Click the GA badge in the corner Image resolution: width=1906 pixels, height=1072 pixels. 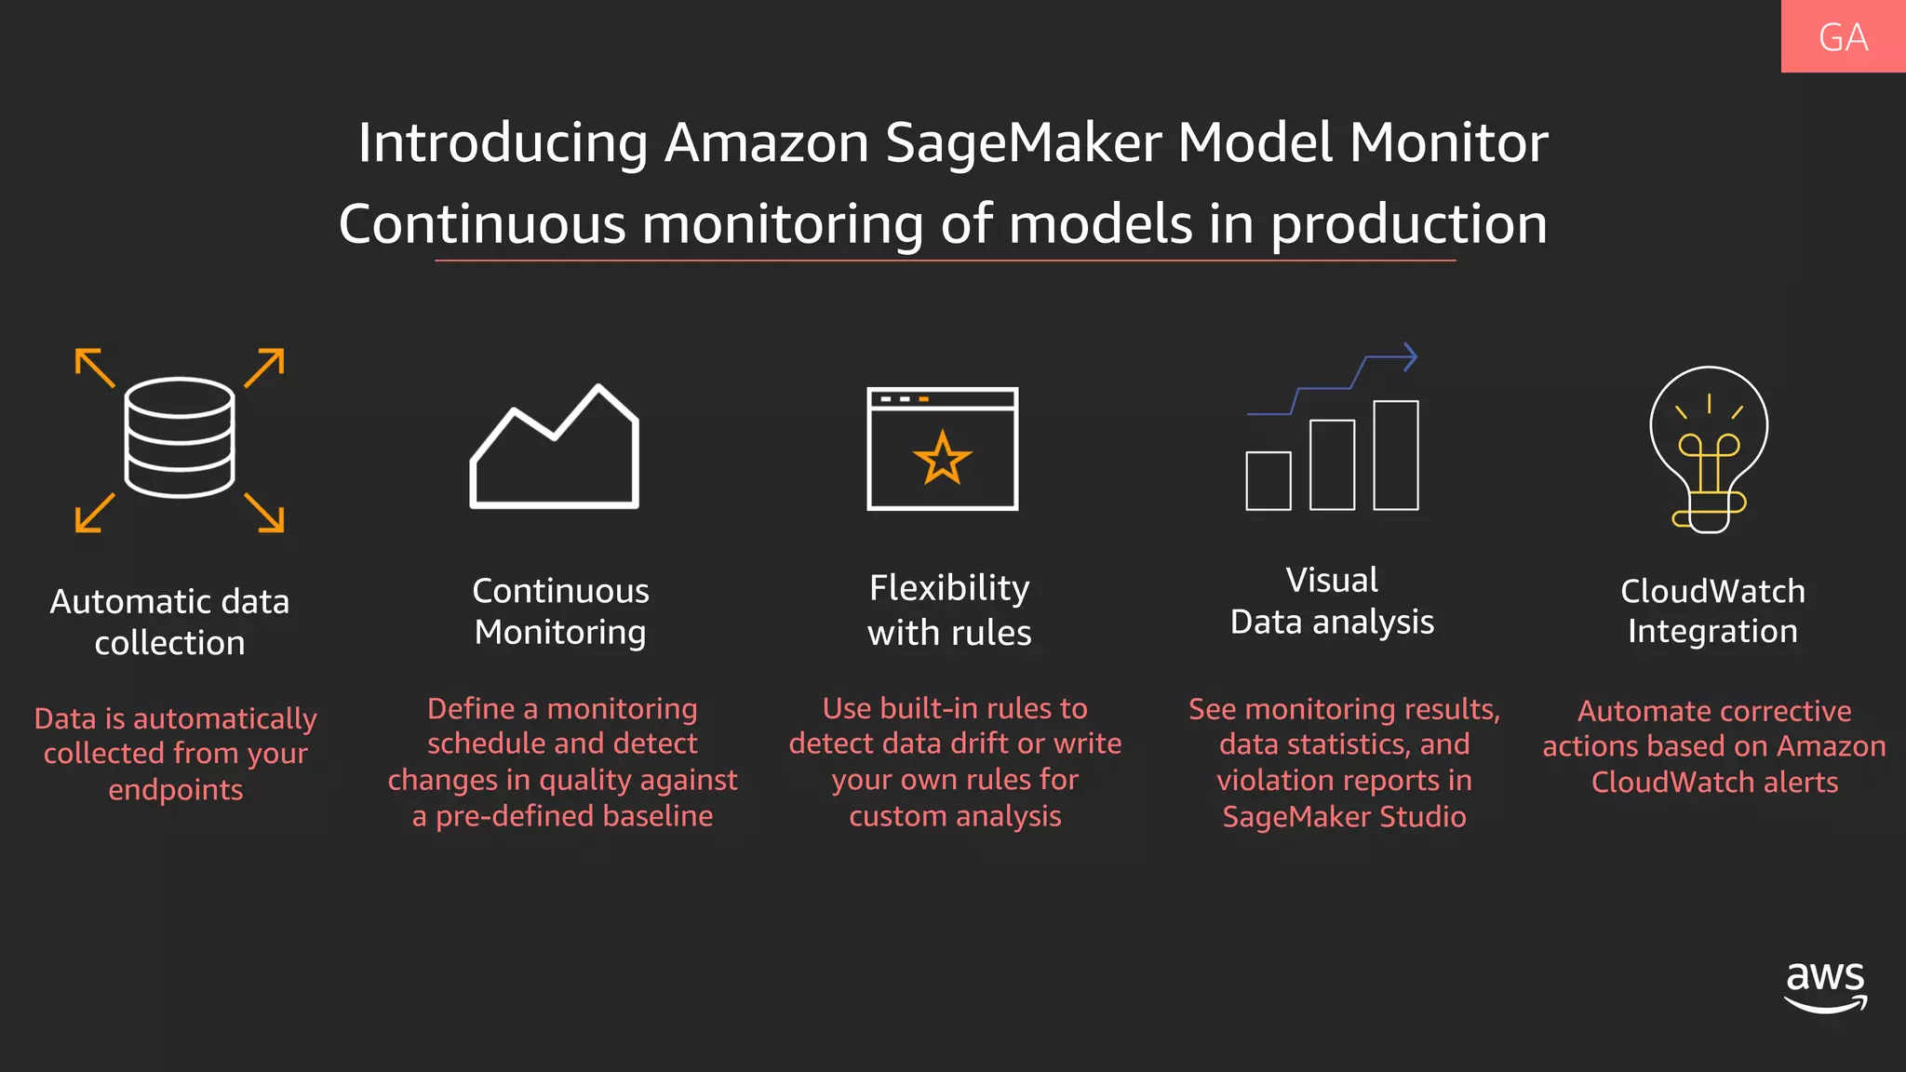(x=1843, y=37)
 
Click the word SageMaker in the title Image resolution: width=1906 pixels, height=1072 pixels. (x=1023, y=143)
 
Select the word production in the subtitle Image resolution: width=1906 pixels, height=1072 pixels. (x=1408, y=225)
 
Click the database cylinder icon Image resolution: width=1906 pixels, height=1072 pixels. (x=180, y=437)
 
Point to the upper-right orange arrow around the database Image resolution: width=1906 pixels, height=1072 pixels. (x=265, y=367)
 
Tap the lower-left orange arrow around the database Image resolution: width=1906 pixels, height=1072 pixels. (x=94, y=513)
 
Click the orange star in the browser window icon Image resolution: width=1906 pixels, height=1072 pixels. (x=942, y=458)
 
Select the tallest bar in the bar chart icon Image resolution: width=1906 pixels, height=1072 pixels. (x=1395, y=455)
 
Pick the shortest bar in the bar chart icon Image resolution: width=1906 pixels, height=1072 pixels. (x=1268, y=480)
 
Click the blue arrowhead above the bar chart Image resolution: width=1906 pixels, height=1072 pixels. (x=1409, y=356)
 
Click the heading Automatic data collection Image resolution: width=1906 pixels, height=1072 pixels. (x=170, y=622)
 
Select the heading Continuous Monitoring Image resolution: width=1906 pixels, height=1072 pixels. (x=560, y=611)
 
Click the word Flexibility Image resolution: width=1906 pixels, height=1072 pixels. (x=949, y=588)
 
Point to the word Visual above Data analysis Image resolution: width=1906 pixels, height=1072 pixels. (x=1332, y=580)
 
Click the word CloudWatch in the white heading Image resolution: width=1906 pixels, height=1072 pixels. (x=1712, y=591)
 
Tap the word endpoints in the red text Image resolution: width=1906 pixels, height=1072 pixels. (x=176, y=790)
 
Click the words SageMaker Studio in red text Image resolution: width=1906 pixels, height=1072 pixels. (x=1344, y=817)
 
